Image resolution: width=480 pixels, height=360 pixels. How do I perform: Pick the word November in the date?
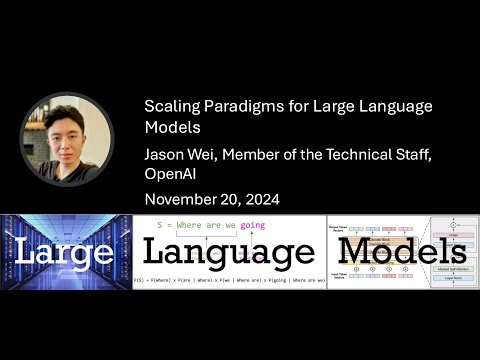[x=183, y=200]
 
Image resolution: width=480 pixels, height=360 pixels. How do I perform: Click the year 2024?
[x=259, y=200]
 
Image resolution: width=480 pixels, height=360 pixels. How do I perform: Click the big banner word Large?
[x=65, y=251]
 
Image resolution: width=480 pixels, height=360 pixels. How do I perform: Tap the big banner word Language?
[x=229, y=252]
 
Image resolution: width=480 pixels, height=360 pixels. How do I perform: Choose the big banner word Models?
[x=404, y=252]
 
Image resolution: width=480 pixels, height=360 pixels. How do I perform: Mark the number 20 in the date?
[x=230, y=200]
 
